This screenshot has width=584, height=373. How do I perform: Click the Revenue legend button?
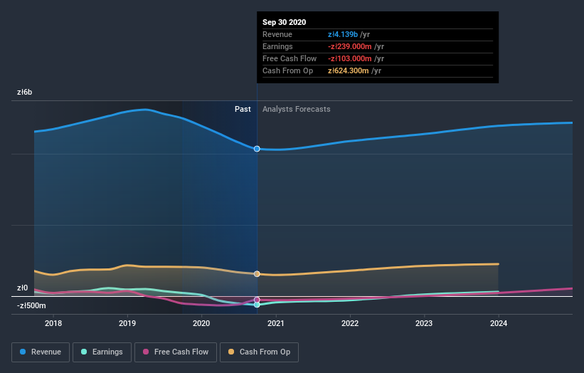41,352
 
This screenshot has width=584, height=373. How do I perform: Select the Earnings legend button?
101,352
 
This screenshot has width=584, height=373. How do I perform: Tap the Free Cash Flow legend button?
174,352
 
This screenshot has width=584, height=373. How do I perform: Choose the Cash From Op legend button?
260,352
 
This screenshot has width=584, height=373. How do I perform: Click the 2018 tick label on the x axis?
53,323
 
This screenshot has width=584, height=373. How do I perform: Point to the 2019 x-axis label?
127,323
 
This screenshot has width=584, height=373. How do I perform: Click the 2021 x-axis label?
276,323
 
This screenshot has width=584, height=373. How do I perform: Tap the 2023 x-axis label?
424,323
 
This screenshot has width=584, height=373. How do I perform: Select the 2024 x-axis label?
499,323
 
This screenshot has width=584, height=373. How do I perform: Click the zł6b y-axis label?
26,93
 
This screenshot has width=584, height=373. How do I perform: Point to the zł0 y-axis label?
23,288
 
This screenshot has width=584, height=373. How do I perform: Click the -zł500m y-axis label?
32,305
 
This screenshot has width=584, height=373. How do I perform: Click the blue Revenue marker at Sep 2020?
257,149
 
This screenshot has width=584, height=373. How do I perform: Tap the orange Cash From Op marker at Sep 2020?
257,274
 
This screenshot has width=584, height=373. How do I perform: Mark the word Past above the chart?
243,109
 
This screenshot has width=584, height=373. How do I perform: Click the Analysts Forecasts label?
296,109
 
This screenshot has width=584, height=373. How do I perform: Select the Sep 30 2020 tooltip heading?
284,22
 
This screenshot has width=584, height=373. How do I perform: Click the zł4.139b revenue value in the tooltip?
344,34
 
